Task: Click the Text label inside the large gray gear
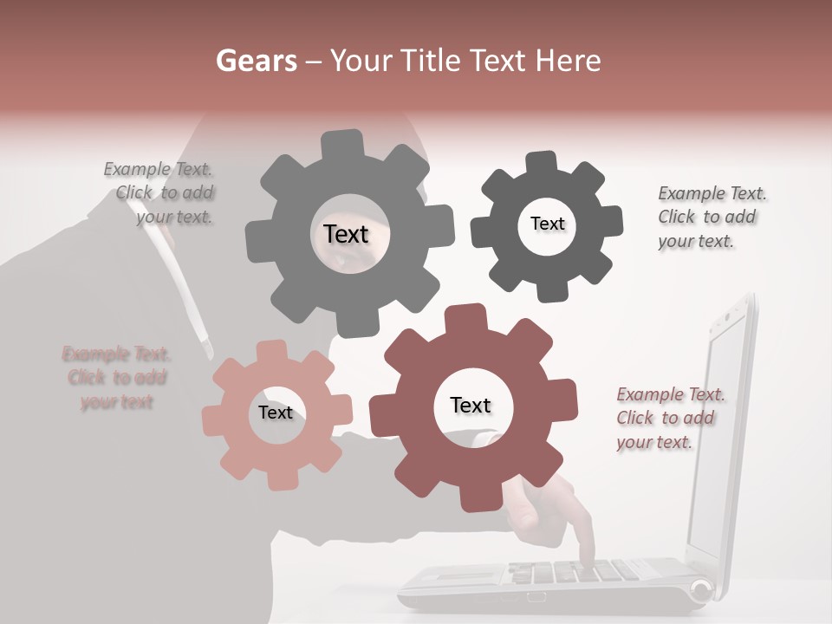(346, 234)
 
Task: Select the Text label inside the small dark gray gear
(547, 224)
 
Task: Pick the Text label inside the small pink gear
(276, 413)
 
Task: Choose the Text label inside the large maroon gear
(471, 405)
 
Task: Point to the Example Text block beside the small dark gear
(711, 217)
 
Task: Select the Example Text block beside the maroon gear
(670, 418)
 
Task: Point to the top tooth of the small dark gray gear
(541, 163)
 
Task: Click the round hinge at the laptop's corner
(701, 591)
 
